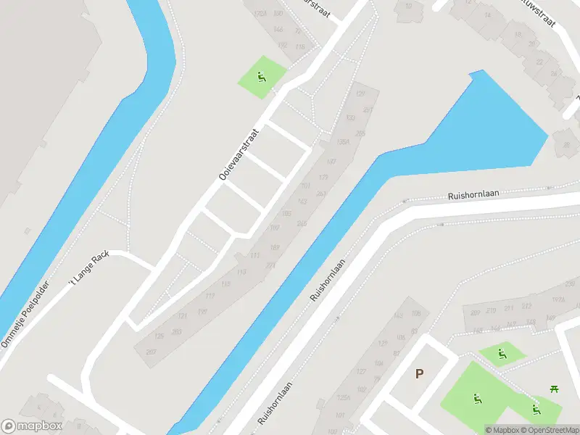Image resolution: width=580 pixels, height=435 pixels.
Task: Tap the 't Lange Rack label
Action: [88, 270]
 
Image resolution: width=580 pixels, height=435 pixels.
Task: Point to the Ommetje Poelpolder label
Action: [25, 313]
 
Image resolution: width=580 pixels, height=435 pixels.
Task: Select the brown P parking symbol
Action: [419, 373]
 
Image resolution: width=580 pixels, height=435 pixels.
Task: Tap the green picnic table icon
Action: [555, 389]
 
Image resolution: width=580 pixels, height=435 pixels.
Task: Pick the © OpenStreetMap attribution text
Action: [549, 430]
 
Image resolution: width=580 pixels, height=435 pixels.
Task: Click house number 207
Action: [152, 352]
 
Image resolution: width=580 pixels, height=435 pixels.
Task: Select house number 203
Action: [176, 331]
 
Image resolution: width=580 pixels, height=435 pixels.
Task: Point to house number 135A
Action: [344, 142]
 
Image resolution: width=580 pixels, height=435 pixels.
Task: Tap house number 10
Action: [409, 7]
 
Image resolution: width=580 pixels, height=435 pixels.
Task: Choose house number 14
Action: [487, 14]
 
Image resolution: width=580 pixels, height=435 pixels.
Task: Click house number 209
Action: [475, 312]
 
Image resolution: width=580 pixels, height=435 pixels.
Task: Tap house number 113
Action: [241, 272]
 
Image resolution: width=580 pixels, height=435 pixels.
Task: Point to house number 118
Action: [299, 46]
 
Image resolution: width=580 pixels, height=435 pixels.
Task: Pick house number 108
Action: [415, 313]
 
